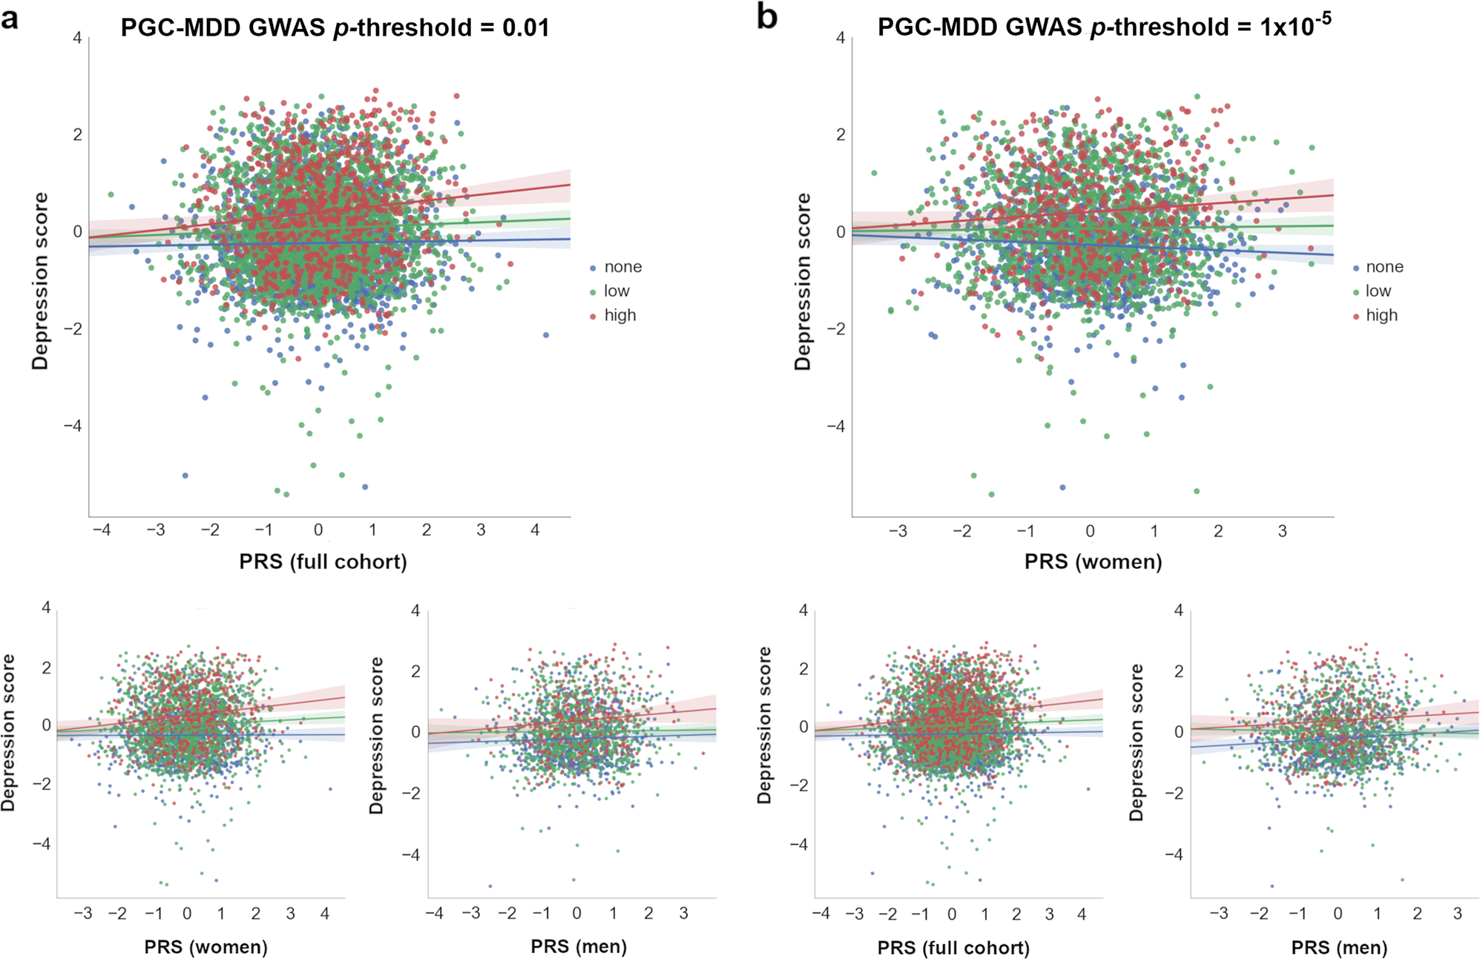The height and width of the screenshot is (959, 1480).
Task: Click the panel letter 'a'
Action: [10, 19]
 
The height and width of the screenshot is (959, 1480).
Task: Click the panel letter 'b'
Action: [767, 16]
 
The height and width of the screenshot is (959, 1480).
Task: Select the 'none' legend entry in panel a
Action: [622, 267]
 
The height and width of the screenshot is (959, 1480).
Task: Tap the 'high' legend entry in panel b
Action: [1381, 315]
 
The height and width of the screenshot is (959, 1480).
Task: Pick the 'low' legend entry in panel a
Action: [616, 291]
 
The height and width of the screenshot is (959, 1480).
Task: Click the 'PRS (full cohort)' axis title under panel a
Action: [323, 561]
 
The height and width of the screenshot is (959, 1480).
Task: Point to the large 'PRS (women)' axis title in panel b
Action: [1093, 561]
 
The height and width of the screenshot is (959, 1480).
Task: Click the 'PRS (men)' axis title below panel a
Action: [579, 946]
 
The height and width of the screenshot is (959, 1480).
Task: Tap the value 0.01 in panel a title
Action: [525, 28]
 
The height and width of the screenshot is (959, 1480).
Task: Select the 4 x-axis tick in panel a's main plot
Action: [535, 530]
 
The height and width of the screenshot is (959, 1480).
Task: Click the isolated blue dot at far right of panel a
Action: [546, 335]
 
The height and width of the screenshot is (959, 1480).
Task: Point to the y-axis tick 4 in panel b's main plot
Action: [840, 38]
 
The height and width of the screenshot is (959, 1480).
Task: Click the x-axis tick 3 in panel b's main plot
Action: [1282, 531]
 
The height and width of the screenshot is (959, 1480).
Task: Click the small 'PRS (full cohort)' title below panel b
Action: [953, 947]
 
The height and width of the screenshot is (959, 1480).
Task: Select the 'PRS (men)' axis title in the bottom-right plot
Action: [1339, 947]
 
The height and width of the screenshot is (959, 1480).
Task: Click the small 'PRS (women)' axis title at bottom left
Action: [205, 947]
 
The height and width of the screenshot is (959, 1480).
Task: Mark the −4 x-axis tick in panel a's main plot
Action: [102, 530]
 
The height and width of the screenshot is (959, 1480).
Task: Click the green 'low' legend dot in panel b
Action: [1356, 292]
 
